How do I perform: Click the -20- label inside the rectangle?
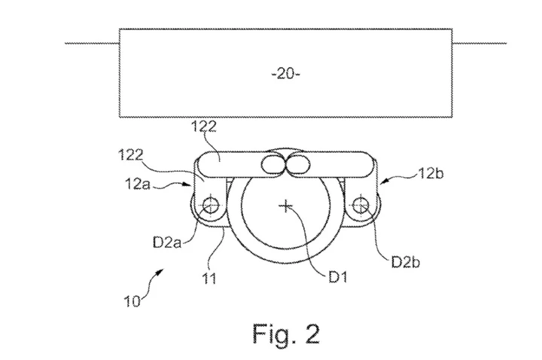point(286,73)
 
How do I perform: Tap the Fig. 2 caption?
point(286,334)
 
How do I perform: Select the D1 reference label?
point(337,276)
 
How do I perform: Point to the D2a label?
point(167,242)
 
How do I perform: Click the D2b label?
point(406,262)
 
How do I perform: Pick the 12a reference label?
point(138,184)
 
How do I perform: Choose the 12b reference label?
point(431,173)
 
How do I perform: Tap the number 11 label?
point(209,278)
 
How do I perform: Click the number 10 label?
point(132,301)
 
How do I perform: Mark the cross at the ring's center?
point(285,206)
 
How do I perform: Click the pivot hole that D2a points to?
point(211,206)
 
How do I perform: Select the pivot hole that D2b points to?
point(361,206)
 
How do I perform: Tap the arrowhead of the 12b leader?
point(382,182)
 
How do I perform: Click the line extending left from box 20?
point(93,43)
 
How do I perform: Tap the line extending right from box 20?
point(480,43)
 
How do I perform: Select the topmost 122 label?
point(204,127)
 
